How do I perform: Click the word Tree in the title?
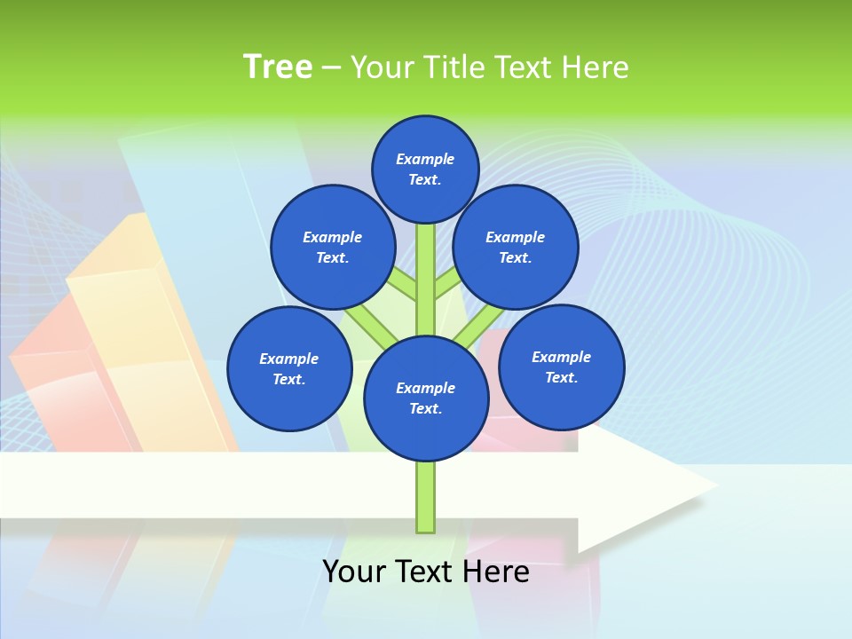point(278,67)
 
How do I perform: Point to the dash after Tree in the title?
point(331,68)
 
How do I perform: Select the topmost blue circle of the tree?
point(425,169)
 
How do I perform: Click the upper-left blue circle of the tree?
point(333,247)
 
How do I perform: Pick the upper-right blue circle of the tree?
point(516,247)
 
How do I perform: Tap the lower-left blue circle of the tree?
point(289,368)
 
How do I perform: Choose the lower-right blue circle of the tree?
point(562,367)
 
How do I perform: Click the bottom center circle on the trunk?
point(426,398)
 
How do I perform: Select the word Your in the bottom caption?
point(354,572)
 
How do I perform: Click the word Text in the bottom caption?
point(428,572)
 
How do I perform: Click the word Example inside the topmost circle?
point(425,159)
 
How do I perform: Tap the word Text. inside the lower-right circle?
point(561,377)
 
